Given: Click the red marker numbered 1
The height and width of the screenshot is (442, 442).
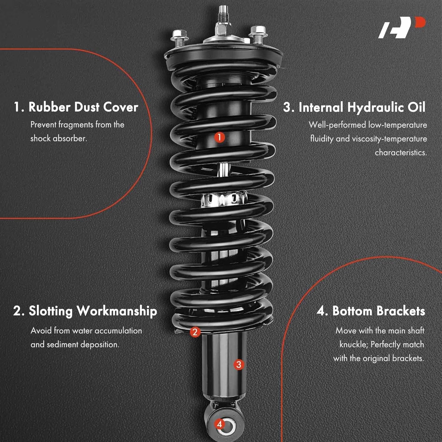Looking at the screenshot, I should (x=219, y=137).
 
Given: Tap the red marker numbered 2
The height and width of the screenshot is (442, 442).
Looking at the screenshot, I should (x=194, y=332).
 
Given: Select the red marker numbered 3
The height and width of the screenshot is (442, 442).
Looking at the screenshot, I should (x=239, y=365).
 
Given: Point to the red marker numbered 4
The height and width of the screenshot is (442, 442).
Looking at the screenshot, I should (x=219, y=424).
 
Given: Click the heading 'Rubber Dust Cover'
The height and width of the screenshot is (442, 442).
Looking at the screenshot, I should (x=76, y=107).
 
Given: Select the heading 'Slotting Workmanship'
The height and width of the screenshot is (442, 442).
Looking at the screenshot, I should (x=85, y=311).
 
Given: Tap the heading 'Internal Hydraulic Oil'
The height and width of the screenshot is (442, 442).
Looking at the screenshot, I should (x=354, y=107).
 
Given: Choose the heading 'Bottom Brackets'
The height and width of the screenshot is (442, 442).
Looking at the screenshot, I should (x=371, y=311).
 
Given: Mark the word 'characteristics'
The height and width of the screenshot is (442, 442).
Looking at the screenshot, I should (x=400, y=153).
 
